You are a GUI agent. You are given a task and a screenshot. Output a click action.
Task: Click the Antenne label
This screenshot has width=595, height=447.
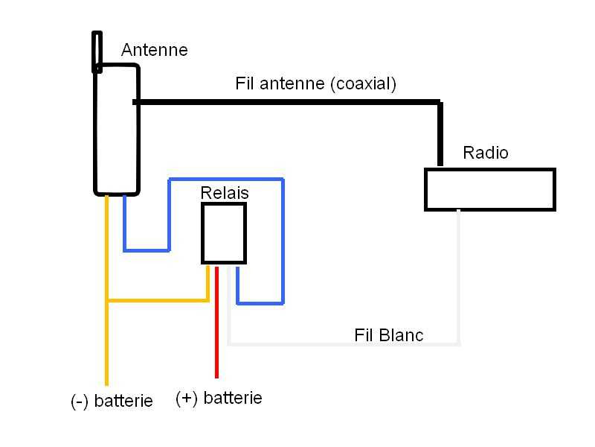[154, 51]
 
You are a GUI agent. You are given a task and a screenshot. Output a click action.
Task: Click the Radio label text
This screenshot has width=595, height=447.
[486, 153]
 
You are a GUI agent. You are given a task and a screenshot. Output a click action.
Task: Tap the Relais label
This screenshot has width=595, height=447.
[225, 193]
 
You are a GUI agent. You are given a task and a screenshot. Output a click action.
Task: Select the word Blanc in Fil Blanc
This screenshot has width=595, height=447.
[399, 335]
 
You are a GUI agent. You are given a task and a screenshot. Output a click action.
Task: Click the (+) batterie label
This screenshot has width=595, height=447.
[219, 398]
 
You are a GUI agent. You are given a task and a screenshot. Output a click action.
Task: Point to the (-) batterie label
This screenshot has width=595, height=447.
[112, 401]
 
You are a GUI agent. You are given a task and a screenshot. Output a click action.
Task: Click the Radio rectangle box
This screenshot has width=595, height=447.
[489, 189]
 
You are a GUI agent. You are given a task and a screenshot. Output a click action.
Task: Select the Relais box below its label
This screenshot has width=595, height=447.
[224, 234]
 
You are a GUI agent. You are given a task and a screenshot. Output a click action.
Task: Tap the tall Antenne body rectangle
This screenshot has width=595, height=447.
[116, 130]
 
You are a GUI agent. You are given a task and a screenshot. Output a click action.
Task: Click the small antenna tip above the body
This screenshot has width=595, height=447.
[97, 51]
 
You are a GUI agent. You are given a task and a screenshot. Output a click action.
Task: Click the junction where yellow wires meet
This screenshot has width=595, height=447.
[107, 301]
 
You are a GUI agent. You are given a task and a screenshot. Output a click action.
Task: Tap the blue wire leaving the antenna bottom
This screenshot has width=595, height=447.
[124, 223]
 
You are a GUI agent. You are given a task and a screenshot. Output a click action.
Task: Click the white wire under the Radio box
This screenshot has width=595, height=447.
[459, 276]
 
